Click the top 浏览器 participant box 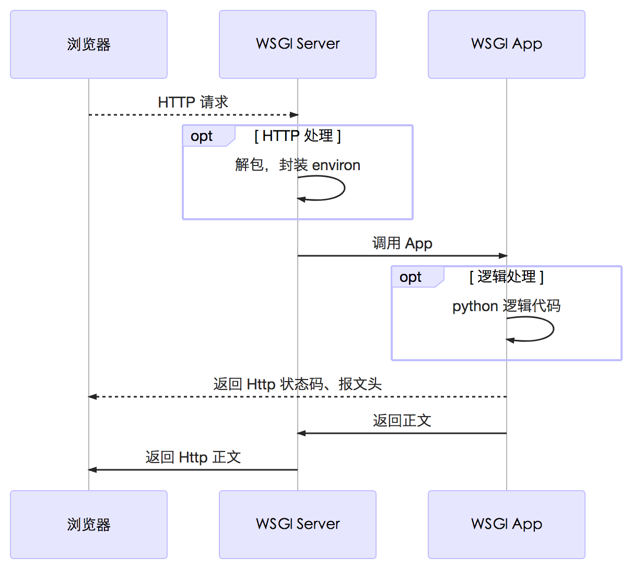pos(89,44)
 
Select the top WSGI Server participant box pos(298,44)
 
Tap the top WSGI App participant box pos(507,44)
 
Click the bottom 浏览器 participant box pos(89,525)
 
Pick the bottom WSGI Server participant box pos(298,525)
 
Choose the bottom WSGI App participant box pos(507,525)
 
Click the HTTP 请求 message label pos(193,102)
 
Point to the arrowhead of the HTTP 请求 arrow pos(295,115)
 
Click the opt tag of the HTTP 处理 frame pos(202,136)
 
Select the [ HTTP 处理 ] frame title pos(298,136)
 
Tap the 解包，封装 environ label pos(298,165)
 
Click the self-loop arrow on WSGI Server pos(344,188)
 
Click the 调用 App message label pos(402,244)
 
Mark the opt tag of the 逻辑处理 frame pos(411,277)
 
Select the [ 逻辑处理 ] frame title pos(507,277)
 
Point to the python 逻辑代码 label pos(507,306)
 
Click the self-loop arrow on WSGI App pos(553,329)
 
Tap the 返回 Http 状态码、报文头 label pos(298,385)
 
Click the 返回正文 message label pos(402,421)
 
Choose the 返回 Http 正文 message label pos(193,458)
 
